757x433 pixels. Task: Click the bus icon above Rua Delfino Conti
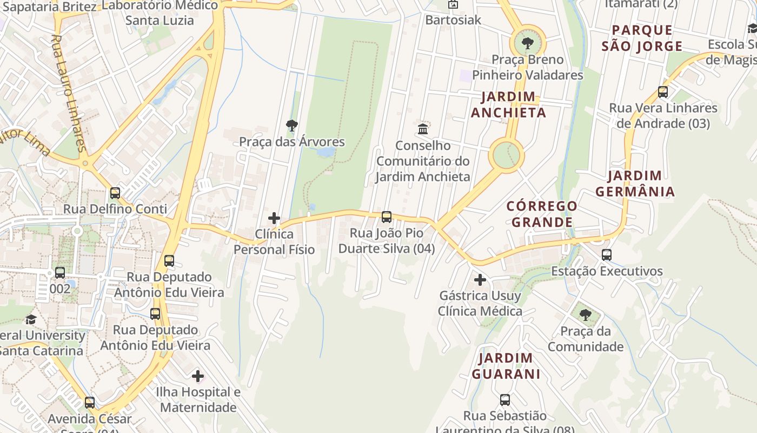[x=115, y=193]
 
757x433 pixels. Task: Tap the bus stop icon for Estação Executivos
[x=606, y=255]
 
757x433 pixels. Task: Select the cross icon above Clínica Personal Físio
[x=274, y=219]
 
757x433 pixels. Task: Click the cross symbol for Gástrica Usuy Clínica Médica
[x=480, y=280]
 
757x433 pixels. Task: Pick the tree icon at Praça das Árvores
[x=292, y=126]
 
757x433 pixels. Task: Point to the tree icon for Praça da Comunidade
[x=585, y=315]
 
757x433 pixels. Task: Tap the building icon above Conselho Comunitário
[x=423, y=129]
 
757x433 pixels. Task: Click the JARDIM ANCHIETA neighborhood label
[x=508, y=104]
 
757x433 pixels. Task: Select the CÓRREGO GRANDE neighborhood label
[x=542, y=214]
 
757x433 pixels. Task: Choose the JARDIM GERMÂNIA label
[x=635, y=183]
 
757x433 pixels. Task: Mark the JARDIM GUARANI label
[x=506, y=366]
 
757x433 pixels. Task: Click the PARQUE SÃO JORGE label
[x=642, y=38]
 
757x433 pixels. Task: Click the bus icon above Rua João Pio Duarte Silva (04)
[x=386, y=217]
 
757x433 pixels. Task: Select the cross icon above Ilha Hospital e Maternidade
[x=198, y=376]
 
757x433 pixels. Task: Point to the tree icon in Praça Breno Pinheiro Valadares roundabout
[x=527, y=43]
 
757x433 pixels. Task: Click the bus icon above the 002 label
[x=60, y=273]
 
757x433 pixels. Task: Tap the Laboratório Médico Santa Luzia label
[x=160, y=12]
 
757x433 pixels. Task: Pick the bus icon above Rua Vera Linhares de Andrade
[x=662, y=92]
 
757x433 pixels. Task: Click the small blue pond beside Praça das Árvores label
[x=326, y=152]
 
